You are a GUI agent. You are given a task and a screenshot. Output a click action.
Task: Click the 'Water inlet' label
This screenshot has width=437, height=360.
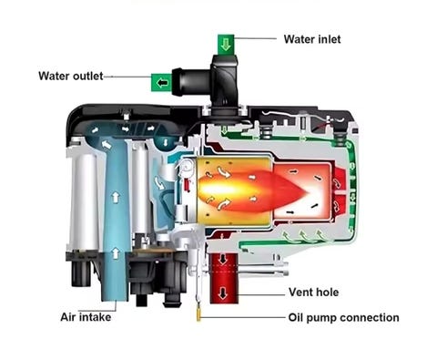pos(312,39)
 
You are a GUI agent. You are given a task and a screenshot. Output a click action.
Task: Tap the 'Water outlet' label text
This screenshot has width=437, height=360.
pos(71,76)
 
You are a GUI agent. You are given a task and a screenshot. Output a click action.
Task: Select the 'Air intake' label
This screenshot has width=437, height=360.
pos(86,317)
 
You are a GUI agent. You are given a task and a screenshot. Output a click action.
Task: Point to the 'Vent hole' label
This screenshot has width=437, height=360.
pos(314,293)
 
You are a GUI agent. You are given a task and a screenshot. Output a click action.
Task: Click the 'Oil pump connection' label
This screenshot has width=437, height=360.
pos(344,318)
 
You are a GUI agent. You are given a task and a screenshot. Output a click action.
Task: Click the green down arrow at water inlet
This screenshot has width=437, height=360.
pos(226,45)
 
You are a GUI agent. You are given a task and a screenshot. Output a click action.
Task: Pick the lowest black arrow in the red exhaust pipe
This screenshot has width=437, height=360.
pos(223,293)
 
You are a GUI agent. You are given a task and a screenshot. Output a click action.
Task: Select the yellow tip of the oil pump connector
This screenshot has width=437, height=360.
pos(198,316)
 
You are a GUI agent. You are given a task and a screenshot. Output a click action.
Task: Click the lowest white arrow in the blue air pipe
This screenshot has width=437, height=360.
pos(116,252)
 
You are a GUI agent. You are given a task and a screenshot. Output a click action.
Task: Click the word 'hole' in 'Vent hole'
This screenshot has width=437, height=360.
pos(327,293)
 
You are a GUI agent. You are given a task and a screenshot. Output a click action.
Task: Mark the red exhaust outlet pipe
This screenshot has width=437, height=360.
pos(224,278)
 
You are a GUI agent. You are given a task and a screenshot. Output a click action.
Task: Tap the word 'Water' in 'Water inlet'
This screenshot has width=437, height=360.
pos(298,39)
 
